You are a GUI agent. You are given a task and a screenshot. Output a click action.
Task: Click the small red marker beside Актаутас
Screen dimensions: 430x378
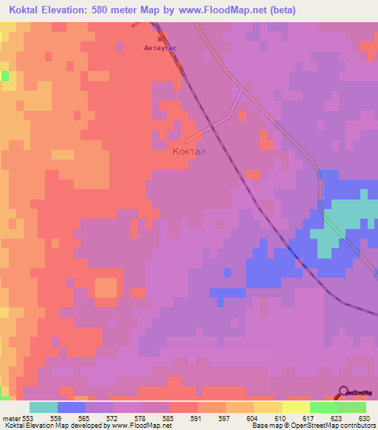[x=160, y=39]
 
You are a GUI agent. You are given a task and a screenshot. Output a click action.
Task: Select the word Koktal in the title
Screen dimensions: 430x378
[x=30, y=10]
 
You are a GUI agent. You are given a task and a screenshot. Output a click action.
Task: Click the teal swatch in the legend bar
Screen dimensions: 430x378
[x=43, y=408]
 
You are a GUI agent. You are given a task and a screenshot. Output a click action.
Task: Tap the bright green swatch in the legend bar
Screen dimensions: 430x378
[x=323, y=408]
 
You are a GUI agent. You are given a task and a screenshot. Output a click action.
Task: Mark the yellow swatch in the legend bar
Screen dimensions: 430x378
[x=267, y=408]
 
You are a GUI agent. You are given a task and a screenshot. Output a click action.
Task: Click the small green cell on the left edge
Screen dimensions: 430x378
[x=5, y=75]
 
